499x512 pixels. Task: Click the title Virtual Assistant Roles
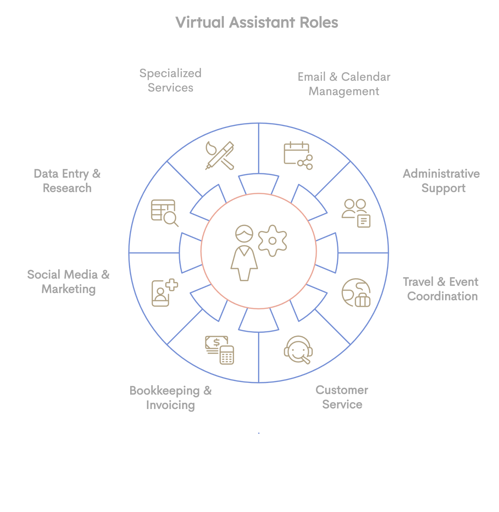(x=257, y=23)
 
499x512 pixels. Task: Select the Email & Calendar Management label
(x=344, y=84)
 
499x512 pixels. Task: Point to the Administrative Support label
(x=441, y=181)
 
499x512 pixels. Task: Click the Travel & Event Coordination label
(x=441, y=289)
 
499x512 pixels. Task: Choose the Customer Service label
(x=342, y=397)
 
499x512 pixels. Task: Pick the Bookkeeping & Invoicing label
(x=171, y=398)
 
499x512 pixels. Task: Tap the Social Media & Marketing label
(x=68, y=282)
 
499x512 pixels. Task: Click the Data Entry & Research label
(x=67, y=181)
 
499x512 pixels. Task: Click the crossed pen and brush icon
(x=220, y=156)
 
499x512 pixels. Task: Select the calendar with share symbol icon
(x=298, y=156)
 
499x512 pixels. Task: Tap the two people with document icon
(x=356, y=213)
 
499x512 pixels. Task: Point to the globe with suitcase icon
(x=356, y=293)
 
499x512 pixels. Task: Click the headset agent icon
(x=298, y=350)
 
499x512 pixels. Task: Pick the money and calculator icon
(x=220, y=350)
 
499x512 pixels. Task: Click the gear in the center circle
(x=272, y=241)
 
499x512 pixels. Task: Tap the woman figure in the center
(x=244, y=253)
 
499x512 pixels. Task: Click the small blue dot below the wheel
(x=259, y=433)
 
